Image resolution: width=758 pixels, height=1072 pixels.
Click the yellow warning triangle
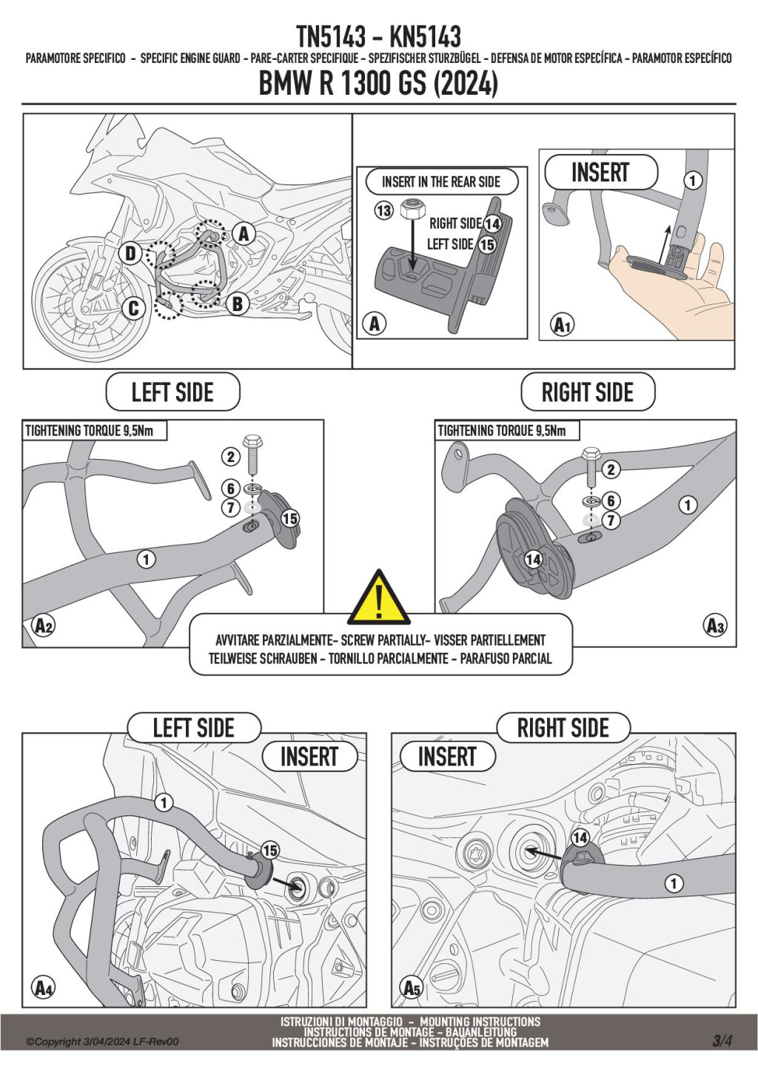pos(379,598)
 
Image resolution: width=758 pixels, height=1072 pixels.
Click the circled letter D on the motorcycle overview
pos(130,254)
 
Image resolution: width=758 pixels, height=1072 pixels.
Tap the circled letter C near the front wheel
pos(134,308)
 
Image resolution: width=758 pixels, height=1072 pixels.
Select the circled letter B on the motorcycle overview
pos(237,304)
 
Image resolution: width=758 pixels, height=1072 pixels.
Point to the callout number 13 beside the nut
pos(383,211)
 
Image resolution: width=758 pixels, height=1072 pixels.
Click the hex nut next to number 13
pos(409,210)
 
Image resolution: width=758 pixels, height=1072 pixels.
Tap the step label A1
pos(563,324)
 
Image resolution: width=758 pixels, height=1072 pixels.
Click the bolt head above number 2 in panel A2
pos(252,441)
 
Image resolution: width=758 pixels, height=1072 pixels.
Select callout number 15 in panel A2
pos(289,518)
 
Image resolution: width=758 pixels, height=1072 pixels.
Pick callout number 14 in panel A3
pos(533,560)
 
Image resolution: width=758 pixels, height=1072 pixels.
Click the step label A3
pos(714,626)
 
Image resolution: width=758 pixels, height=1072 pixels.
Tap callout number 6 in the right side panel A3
pos(611,500)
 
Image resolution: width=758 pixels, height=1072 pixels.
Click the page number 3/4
pos(722,1040)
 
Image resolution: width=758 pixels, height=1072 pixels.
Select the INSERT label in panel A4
pos(309,757)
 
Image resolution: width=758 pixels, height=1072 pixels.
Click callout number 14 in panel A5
pos(580,837)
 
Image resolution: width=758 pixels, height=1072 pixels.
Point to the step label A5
pos(412,988)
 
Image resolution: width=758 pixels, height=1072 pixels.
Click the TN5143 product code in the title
pos(331,36)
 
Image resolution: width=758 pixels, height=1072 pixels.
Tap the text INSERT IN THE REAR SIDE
pos(441,181)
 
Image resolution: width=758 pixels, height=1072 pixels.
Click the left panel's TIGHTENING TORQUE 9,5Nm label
pos(90,430)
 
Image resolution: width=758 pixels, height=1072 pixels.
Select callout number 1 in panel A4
pos(164,802)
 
